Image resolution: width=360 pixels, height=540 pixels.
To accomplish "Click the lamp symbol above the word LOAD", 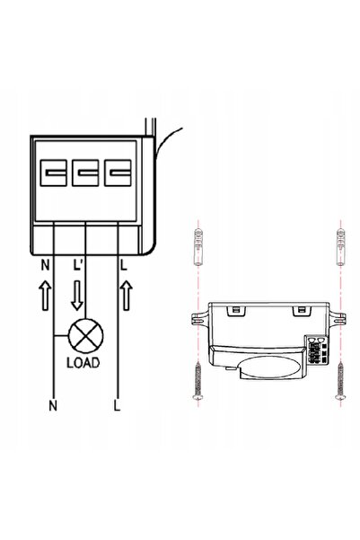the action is click(x=85, y=336).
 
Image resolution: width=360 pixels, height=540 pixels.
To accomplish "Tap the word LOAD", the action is click(x=83, y=362).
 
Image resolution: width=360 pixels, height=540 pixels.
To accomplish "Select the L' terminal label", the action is click(x=77, y=265).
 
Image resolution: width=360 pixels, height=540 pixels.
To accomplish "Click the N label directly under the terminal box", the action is click(x=45, y=265).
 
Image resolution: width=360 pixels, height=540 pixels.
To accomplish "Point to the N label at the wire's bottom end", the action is click(x=53, y=406).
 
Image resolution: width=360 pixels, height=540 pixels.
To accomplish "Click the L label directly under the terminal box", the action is click(x=124, y=265).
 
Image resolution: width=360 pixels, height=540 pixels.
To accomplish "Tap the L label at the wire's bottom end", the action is click(x=118, y=406).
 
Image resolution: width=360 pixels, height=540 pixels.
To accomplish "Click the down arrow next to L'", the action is click(x=77, y=295).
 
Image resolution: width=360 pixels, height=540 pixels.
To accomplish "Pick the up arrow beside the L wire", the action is click(x=127, y=295).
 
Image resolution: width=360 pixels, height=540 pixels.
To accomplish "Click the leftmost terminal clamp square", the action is click(x=53, y=173).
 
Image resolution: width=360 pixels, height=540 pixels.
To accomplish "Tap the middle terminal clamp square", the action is click(x=85, y=173).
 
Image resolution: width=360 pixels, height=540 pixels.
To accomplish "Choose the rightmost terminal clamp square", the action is click(x=118, y=173).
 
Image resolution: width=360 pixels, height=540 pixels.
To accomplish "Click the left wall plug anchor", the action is click(x=198, y=246).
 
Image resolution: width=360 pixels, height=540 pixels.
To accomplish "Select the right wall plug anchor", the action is click(x=340, y=246).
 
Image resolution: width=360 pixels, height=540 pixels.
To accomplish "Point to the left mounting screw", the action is click(x=198, y=380).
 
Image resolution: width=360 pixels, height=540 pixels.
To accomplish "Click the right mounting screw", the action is click(x=340, y=380).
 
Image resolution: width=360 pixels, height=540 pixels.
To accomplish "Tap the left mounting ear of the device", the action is click(x=199, y=318).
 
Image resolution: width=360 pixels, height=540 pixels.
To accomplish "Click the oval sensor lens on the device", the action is click(x=271, y=367).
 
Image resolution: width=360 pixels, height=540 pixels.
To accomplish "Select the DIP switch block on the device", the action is click(x=316, y=350).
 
